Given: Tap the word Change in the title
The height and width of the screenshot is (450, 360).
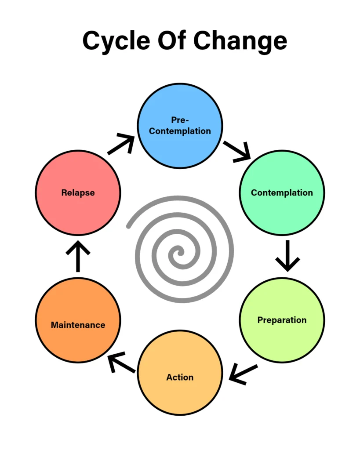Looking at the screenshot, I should tap(241, 41).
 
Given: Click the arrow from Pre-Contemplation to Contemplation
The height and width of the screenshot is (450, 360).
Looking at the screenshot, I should tap(237, 150).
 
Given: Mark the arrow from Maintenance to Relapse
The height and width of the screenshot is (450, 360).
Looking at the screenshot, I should tap(78, 256).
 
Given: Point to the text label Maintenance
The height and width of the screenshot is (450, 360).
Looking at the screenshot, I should tap(78, 325).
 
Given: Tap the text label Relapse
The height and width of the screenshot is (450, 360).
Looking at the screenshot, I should tap(78, 192).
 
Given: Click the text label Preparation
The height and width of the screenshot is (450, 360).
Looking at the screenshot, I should tap(282, 320).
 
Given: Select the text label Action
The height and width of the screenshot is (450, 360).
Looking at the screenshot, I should tap(180, 377).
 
